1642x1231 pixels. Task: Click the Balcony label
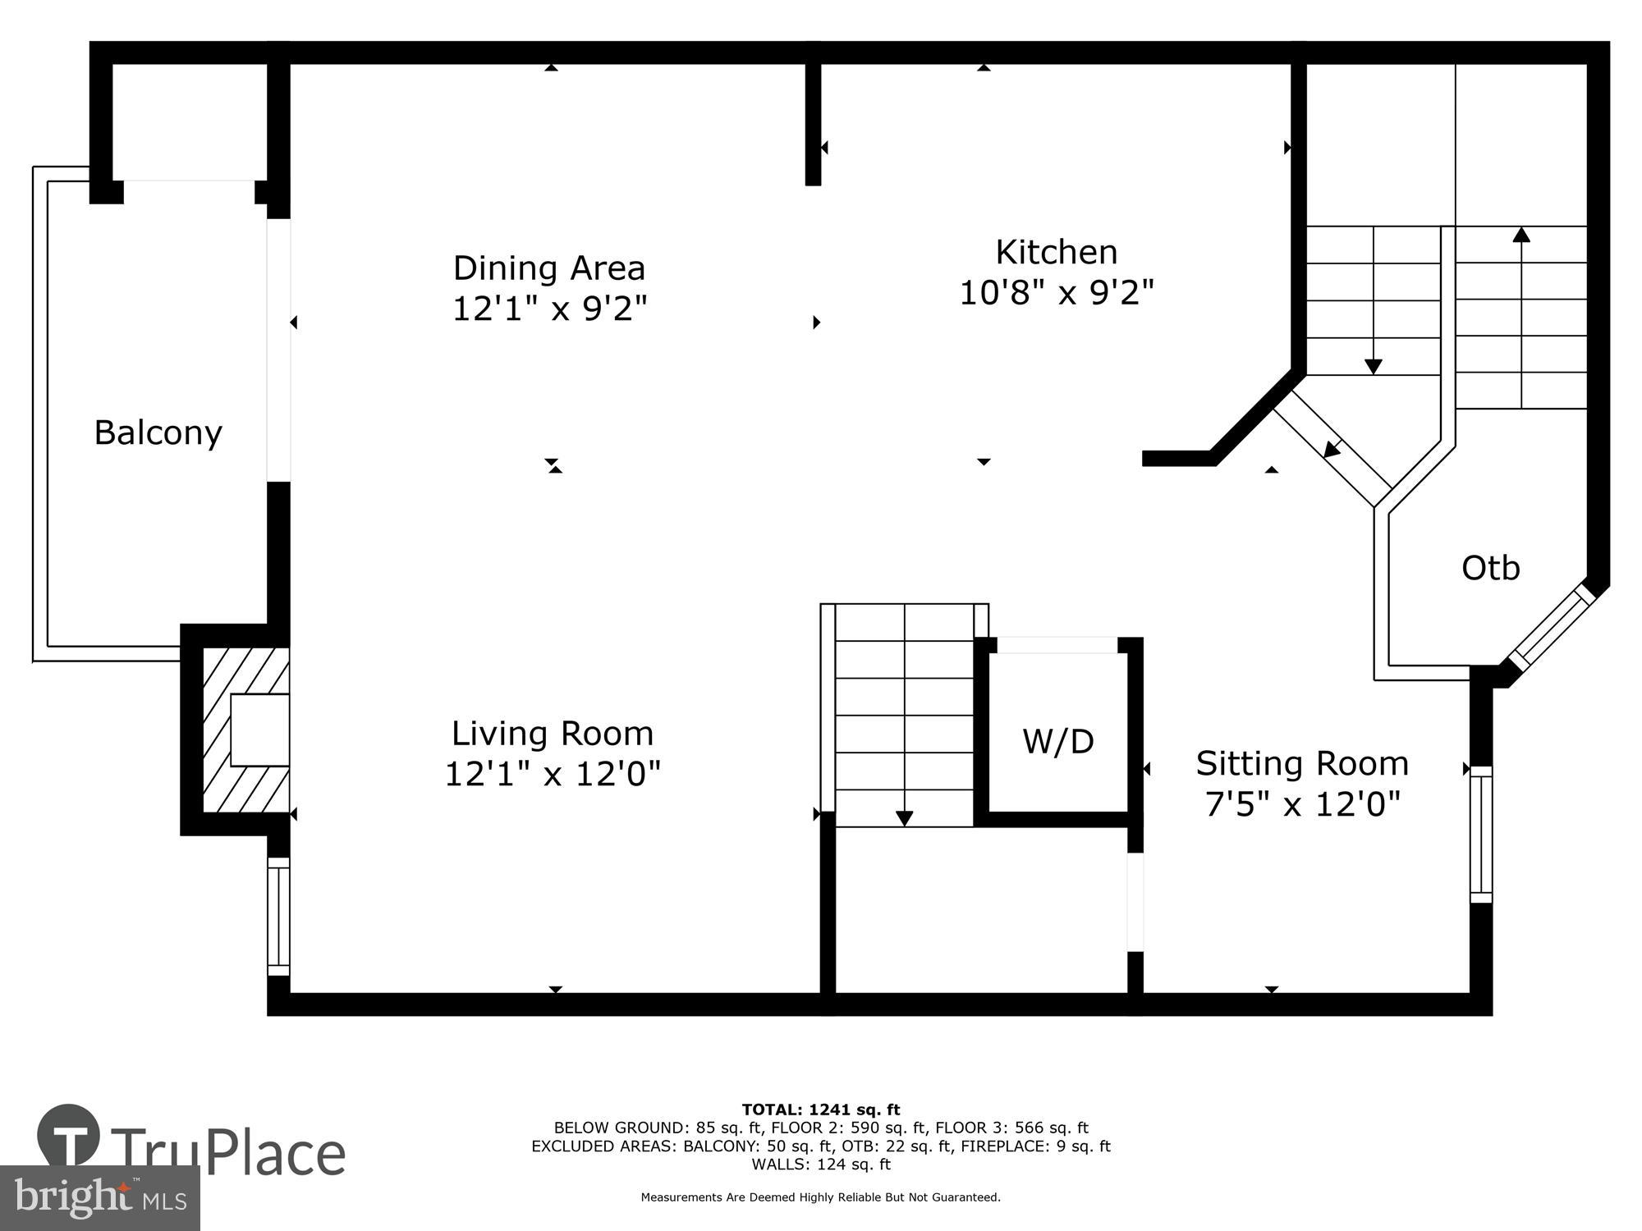pos(158,432)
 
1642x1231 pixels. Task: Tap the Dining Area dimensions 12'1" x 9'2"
pos(550,309)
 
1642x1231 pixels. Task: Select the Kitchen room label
pos(1056,252)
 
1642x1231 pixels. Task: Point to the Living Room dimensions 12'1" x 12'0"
pos(553,774)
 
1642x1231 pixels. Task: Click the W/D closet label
pos(1057,742)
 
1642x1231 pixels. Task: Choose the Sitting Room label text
pos(1302,763)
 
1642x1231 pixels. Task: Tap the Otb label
pos(1490,568)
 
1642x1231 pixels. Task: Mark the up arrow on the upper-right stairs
pos(1521,236)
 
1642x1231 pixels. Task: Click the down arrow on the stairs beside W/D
pos(904,817)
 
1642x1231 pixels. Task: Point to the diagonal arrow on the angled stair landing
pos(1332,449)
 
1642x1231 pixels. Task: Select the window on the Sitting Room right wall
pos(1480,834)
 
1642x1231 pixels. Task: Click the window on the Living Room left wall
pos(279,916)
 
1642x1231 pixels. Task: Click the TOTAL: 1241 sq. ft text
pos(820,1110)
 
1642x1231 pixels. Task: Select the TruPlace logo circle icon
pos(69,1136)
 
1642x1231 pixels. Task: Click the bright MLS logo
pos(99,1198)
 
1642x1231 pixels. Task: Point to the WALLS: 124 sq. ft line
pos(820,1164)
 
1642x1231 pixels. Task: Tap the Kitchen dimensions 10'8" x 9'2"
pos(1057,292)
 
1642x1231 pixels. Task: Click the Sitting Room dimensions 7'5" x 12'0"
pos(1302,804)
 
